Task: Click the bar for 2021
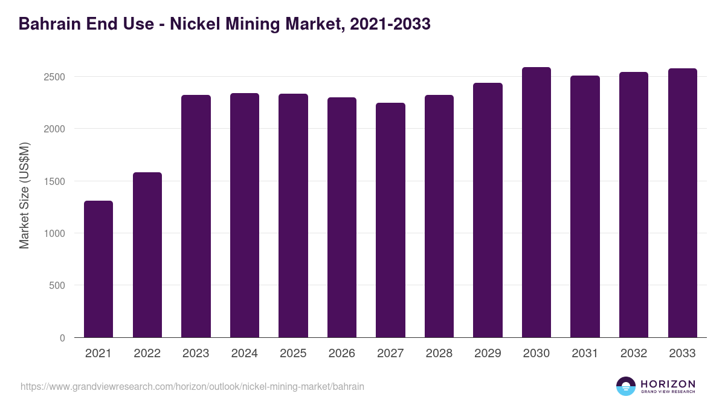98,269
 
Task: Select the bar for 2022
147,254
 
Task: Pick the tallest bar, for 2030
536,202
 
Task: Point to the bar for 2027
390,220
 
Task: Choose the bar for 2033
683,202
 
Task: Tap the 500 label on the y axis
57,285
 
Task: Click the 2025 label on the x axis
293,354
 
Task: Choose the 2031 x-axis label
585,354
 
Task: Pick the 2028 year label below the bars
439,354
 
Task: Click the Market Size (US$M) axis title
24,195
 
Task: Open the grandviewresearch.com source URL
192,386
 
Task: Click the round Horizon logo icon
626,386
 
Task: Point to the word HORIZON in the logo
668,383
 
